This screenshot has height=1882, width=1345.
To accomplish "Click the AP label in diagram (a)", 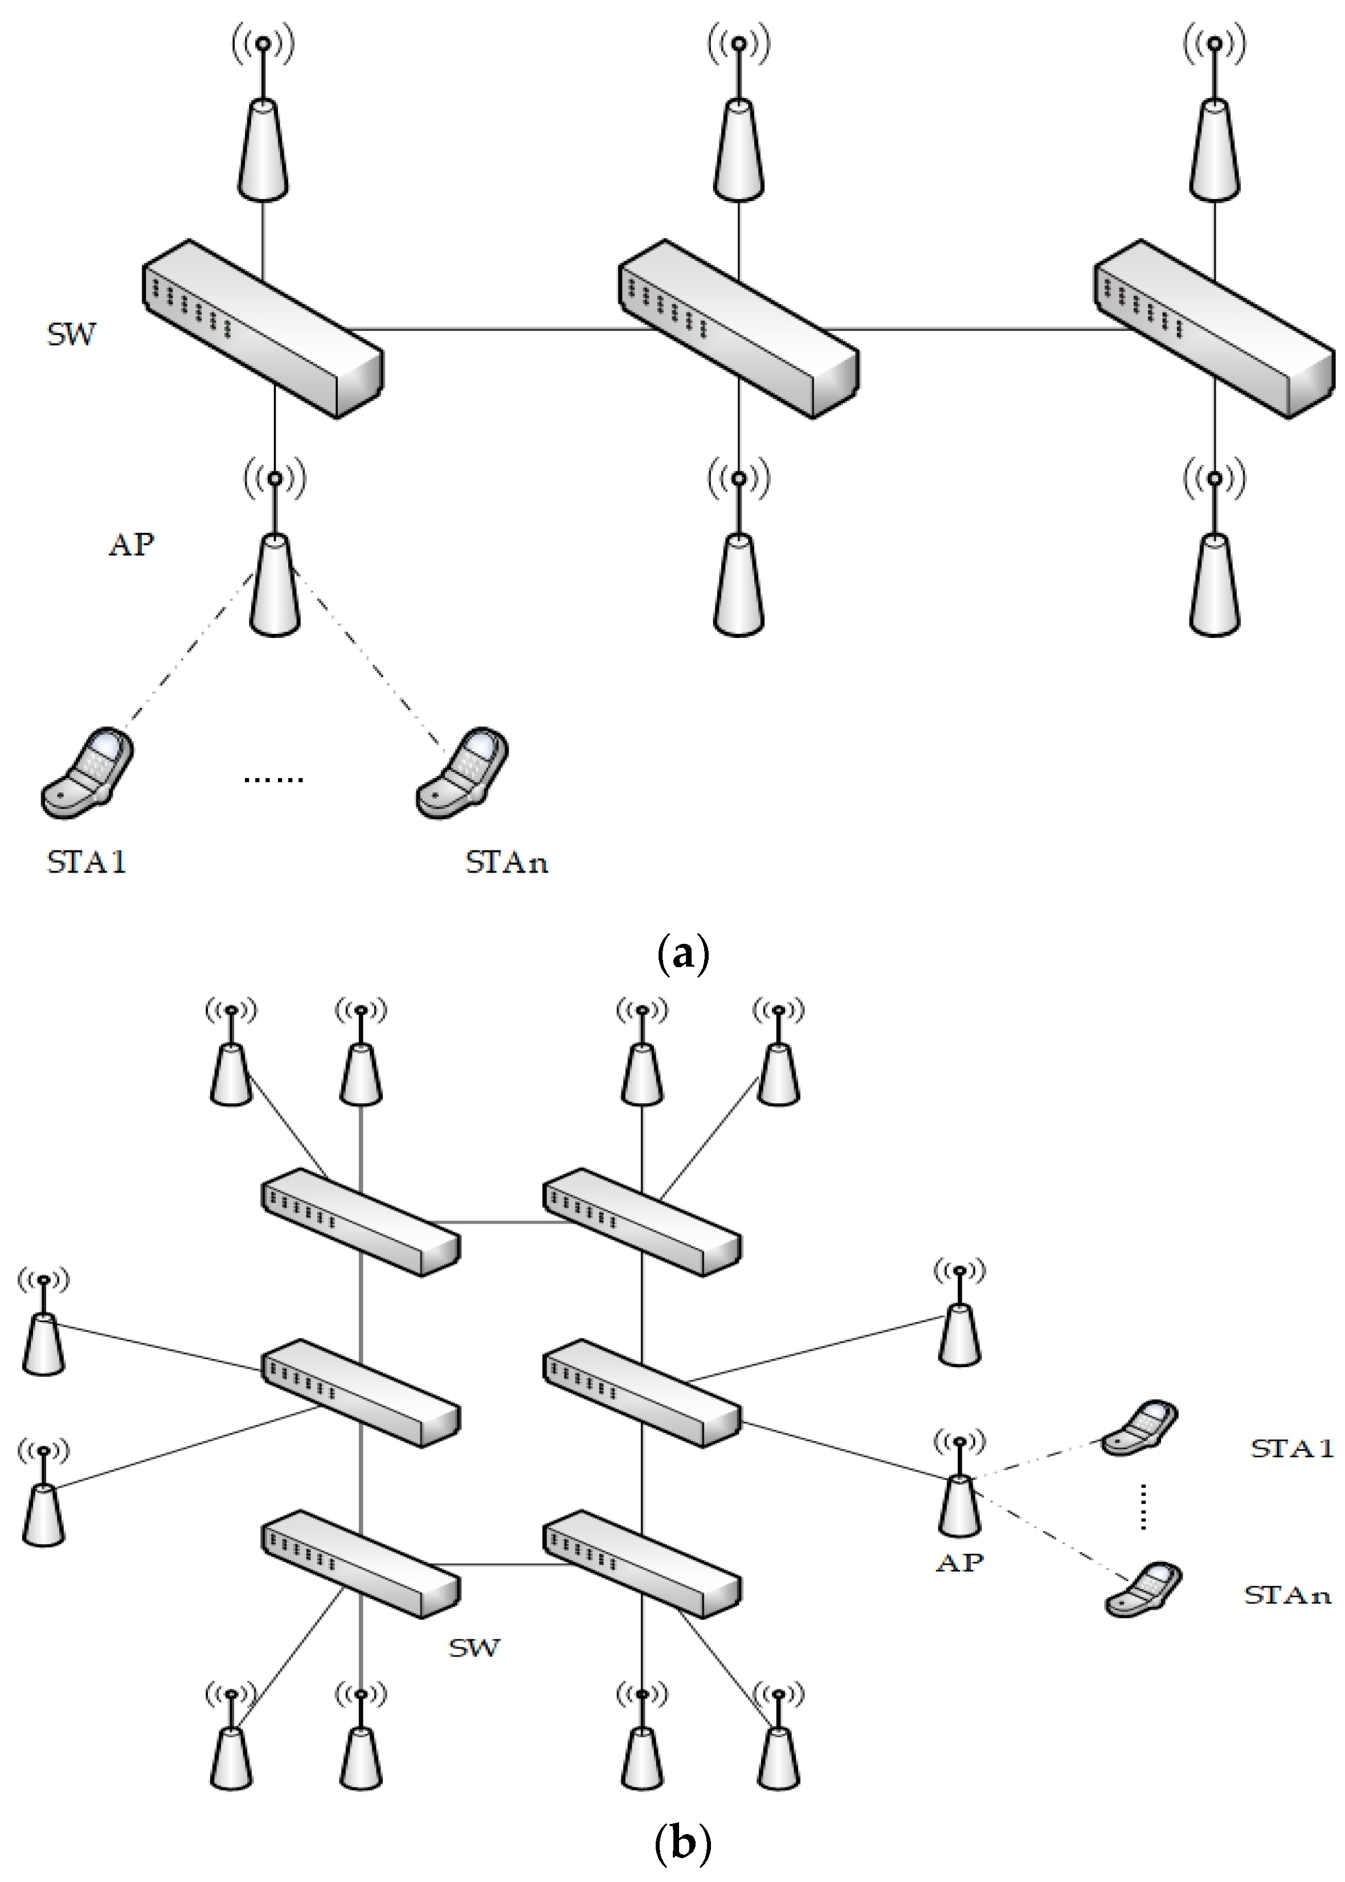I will pyautogui.click(x=132, y=545).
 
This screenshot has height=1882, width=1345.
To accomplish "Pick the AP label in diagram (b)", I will pyautogui.click(x=960, y=1562).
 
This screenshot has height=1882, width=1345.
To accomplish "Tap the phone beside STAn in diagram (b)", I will pyautogui.click(x=1143, y=1588).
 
